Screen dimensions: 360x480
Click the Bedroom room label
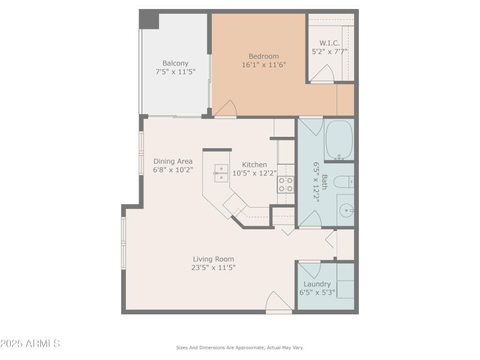coord(263,56)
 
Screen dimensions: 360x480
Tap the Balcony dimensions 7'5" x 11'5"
coord(175,72)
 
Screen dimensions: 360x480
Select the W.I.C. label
coord(329,43)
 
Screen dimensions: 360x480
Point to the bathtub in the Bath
coord(339,140)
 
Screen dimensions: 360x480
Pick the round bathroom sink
coord(346,211)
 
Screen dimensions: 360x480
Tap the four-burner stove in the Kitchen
coord(286,185)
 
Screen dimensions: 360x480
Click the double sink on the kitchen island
coord(220,172)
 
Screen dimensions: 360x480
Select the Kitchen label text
coord(254,165)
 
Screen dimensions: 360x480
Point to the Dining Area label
coord(173,161)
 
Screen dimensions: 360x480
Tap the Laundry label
coord(317,284)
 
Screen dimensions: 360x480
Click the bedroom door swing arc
coord(226,109)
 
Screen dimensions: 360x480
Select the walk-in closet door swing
coord(322,74)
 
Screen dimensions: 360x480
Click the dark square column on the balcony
coord(149,20)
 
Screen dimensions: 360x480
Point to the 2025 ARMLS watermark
coord(30,344)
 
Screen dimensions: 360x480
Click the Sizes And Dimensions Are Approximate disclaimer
coord(240,347)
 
